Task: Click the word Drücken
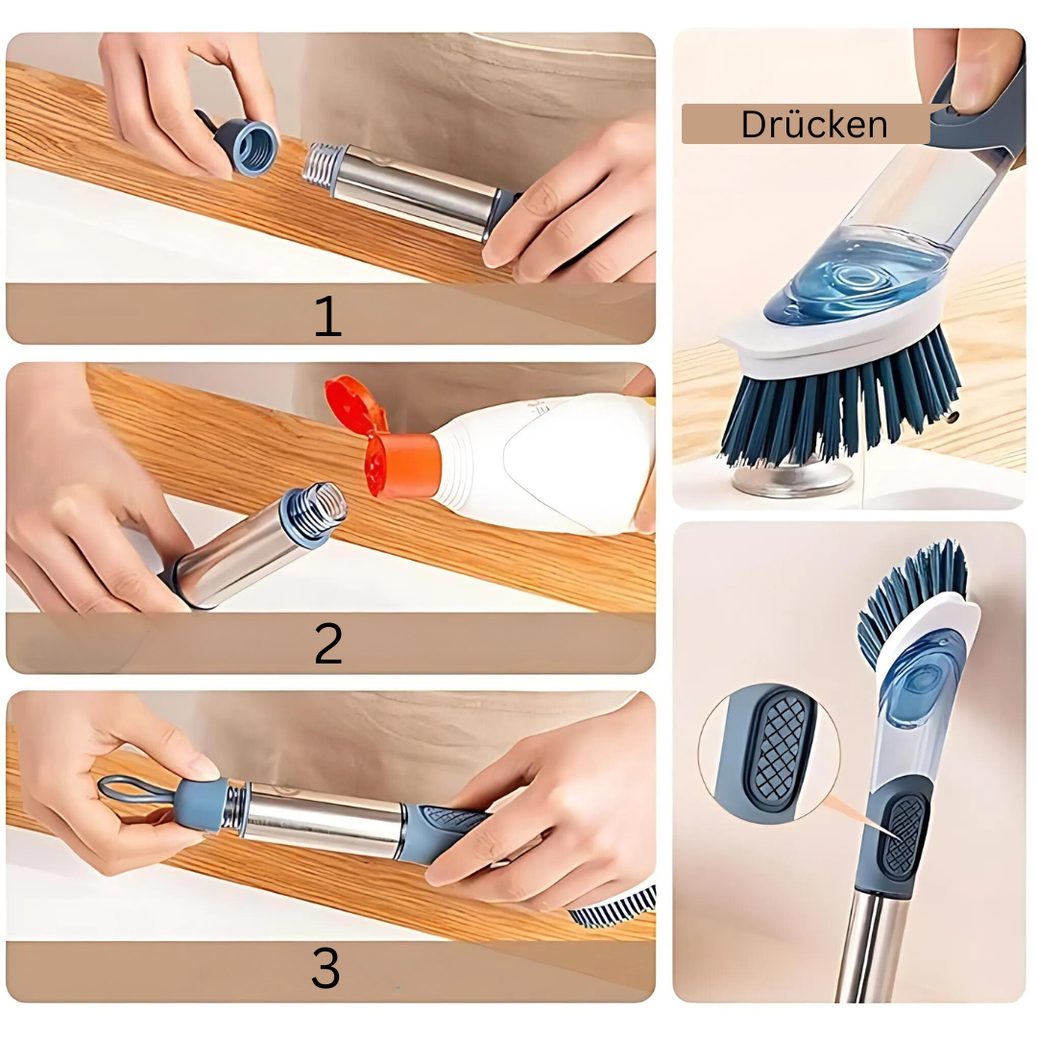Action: [x=813, y=124]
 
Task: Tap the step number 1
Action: [x=328, y=316]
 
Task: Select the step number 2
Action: [x=328, y=643]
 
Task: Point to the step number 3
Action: [x=326, y=968]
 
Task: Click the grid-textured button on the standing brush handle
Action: [x=902, y=834]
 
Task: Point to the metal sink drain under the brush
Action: [x=792, y=477]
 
